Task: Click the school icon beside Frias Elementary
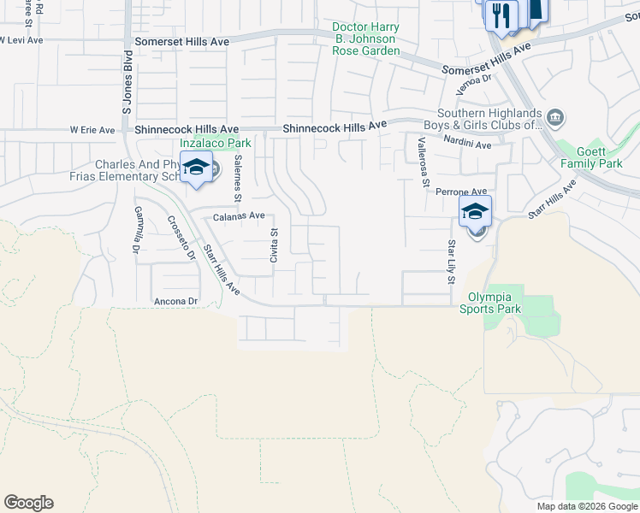[x=196, y=167]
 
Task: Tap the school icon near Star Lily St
[x=475, y=211]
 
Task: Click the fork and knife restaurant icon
[x=501, y=15]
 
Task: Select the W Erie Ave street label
[x=92, y=131]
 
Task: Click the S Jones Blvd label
[x=127, y=86]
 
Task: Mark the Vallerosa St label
[x=421, y=159]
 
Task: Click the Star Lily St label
[x=450, y=261]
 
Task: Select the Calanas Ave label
[x=239, y=216]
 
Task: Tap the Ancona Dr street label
[x=175, y=302]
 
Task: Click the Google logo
[x=28, y=503]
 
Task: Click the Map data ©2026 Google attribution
[x=586, y=506]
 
